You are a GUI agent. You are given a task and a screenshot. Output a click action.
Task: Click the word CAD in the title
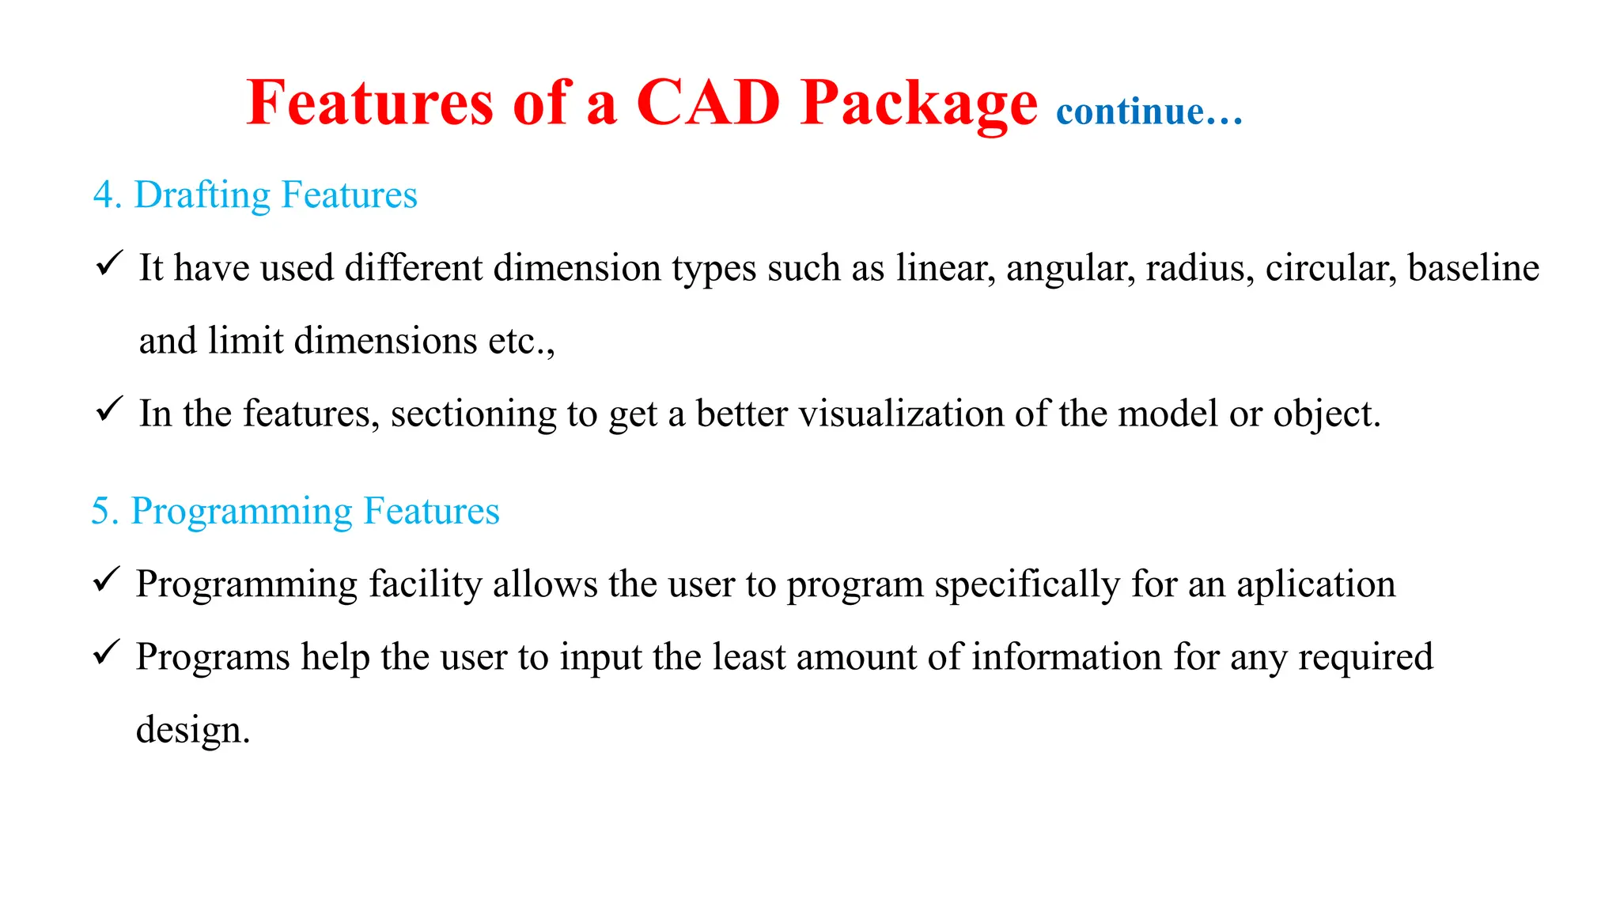click(x=708, y=104)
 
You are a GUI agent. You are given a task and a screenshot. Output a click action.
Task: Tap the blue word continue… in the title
click(x=1149, y=112)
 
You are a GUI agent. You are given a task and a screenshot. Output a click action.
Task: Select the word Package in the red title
click(x=918, y=105)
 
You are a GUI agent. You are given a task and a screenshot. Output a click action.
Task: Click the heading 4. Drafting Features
click(x=255, y=195)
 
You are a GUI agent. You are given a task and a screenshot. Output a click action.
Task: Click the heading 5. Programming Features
click(x=295, y=512)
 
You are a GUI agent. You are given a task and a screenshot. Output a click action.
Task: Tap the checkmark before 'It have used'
click(x=108, y=263)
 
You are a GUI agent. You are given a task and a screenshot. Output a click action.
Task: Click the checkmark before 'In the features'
click(x=108, y=409)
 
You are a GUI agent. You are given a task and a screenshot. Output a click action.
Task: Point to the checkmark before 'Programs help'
click(x=106, y=652)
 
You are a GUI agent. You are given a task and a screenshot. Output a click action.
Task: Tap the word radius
click(x=1199, y=268)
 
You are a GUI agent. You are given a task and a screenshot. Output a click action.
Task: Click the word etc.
click(x=517, y=342)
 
